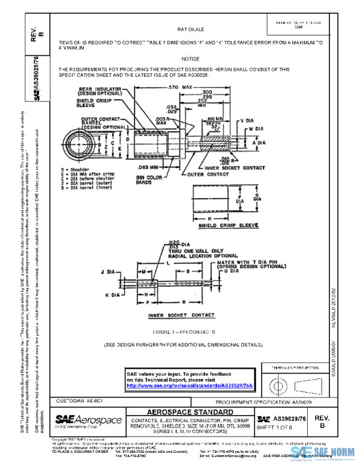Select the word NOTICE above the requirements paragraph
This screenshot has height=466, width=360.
click(x=190, y=59)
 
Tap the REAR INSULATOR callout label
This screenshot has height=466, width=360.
click(x=100, y=91)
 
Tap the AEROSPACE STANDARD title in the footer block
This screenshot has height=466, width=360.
click(x=189, y=411)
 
